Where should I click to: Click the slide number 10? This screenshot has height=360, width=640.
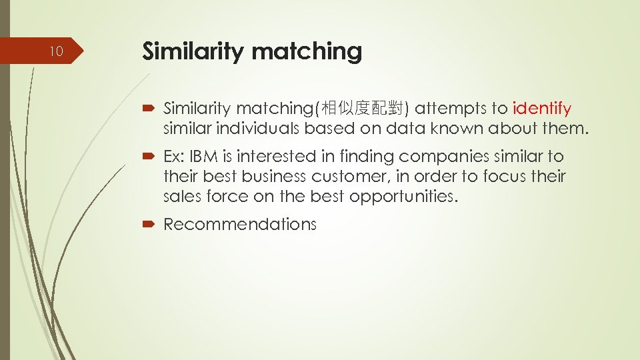tap(57, 51)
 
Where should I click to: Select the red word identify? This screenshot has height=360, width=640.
tap(542, 108)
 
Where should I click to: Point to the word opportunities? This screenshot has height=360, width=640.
tap(406, 197)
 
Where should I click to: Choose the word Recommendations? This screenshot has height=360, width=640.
tap(239, 225)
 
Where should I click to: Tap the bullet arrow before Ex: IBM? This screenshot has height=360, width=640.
tap(149, 157)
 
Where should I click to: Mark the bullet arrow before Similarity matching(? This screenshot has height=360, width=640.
tap(149, 109)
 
